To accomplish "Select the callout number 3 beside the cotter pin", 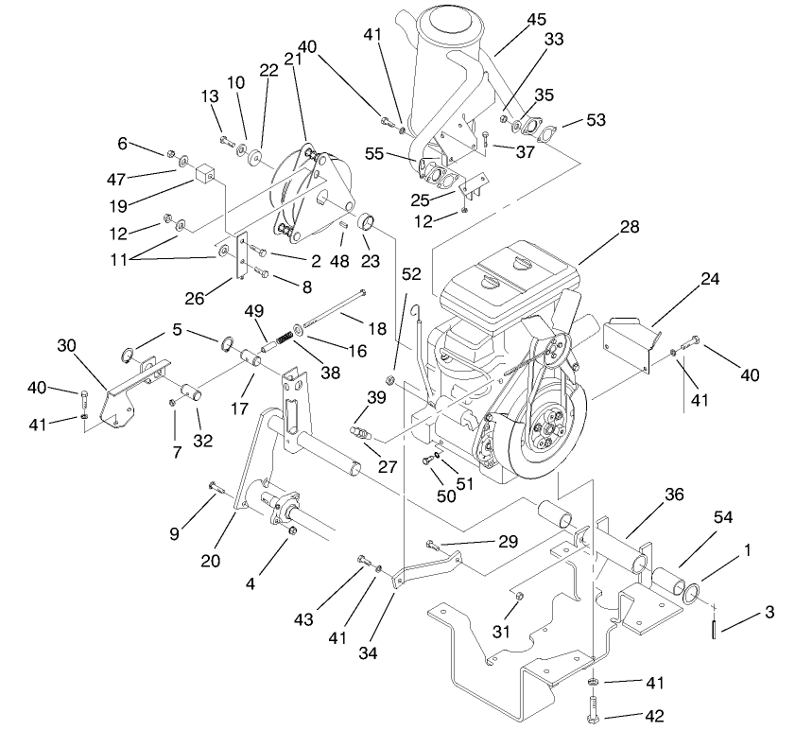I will pos(769,613).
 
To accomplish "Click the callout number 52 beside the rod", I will pos(409,274).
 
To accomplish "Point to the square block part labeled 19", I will pos(207,175).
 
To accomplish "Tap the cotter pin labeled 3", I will pos(716,625).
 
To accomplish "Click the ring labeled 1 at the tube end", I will pos(690,593).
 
